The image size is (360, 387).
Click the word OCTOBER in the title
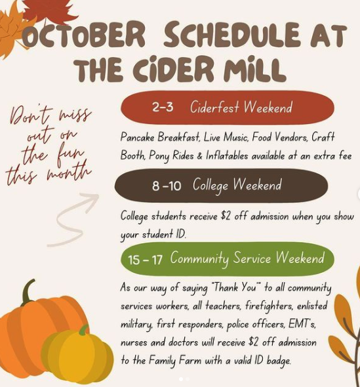pos(84,35)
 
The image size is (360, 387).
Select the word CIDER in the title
pos(173,68)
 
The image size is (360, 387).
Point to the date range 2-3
pos(163,108)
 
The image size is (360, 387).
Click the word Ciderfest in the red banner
pos(214,107)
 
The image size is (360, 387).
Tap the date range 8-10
pos(167,186)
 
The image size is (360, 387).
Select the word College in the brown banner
pos(210,186)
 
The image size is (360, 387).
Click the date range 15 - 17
pos(145,260)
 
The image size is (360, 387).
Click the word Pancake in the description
pos(137,137)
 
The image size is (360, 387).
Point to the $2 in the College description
pos(226,216)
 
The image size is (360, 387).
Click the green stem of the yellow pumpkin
pos(84,329)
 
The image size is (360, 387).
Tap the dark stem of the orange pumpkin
pos(28,292)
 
